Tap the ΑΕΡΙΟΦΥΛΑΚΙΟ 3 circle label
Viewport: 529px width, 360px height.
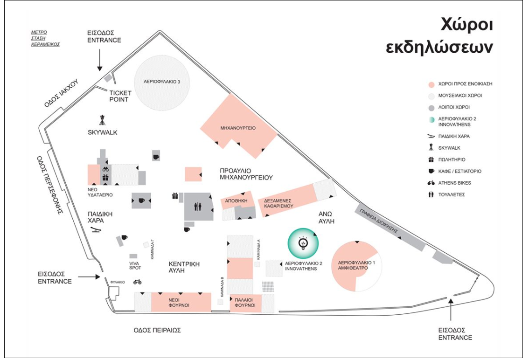click(x=162, y=82)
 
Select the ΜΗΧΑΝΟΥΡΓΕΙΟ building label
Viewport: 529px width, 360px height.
click(x=238, y=128)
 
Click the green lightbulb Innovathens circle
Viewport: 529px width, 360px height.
click(x=303, y=243)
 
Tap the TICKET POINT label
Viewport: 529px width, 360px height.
click(x=120, y=96)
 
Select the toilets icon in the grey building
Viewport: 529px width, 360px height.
click(x=198, y=207)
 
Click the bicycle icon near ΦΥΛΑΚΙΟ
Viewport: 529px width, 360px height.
click(x=137, y=282)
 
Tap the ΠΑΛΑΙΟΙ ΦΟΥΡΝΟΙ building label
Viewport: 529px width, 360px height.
click(x=245, y=303)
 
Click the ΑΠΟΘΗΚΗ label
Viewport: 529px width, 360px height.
click(x=236, y=201)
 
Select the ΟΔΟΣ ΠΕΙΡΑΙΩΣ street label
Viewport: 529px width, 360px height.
click(x=157, y=330)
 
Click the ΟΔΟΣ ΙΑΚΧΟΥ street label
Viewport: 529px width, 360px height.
click(x=62, y=93)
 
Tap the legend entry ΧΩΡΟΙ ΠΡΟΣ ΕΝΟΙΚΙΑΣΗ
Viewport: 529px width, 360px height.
click(x=465, y=83)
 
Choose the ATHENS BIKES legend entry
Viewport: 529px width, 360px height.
click(x=454, y=183)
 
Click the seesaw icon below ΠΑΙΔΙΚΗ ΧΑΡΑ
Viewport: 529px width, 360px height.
click(x=96, y=230)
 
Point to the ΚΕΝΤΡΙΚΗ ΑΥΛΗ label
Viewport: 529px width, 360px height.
click(x=184, y=267)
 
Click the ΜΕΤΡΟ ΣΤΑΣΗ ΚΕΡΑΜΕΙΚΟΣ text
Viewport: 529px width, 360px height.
click(x=46, y=38)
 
